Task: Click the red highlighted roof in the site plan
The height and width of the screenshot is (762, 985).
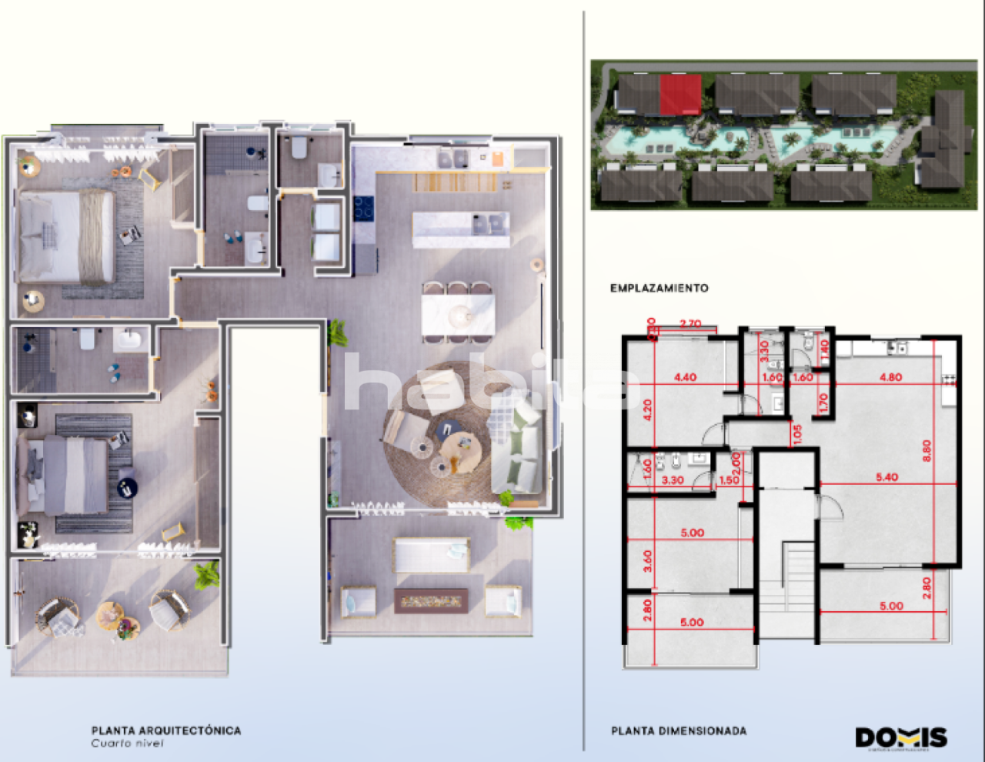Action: click(680, 93)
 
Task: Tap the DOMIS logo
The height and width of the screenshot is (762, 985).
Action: click(901, 737)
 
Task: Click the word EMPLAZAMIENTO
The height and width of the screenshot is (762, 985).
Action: click(659, 288)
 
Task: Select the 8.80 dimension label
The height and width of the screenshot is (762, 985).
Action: click(927, 450)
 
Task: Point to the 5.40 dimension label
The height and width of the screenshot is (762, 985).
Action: click(886, 477)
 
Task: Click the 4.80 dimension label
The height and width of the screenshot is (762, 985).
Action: click(890, 377)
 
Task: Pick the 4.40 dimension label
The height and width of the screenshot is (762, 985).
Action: click(685, 377)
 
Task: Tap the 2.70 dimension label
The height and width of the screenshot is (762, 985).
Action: click(691, 324)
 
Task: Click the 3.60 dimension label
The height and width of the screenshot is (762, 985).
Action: click(647, 560)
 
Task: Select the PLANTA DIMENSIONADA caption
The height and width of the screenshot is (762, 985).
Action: click(679, 730)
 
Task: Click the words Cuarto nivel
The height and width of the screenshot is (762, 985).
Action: click(127, 744)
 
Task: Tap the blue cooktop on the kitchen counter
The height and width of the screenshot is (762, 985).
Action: click(363, 208)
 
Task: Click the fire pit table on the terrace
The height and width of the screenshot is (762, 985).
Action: click(431, 600)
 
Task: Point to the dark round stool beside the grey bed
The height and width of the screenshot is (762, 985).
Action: click(126, 486)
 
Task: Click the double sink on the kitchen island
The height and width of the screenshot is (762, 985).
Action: click(490, 223)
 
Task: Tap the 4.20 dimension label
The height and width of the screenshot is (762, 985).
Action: click(647, 409)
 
